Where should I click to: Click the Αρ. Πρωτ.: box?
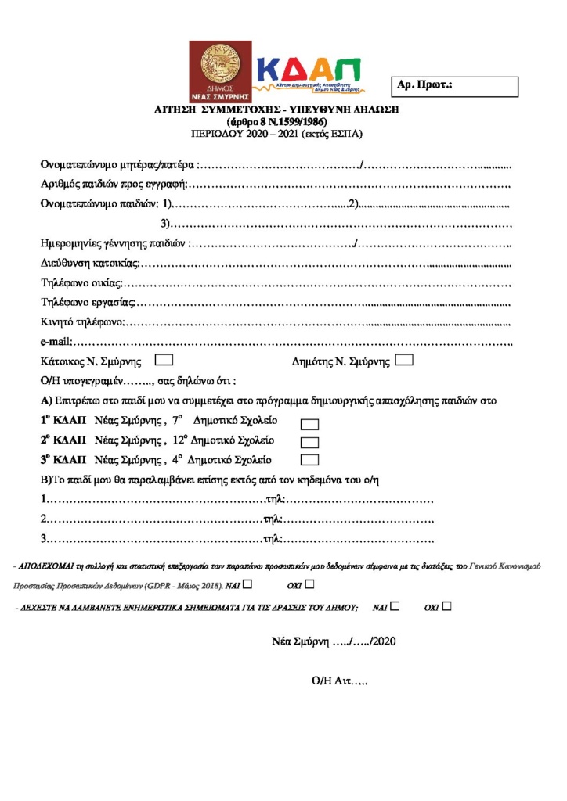point(454,86)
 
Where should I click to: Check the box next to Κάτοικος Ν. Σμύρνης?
point(164,361)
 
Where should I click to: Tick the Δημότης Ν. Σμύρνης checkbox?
point(404,361)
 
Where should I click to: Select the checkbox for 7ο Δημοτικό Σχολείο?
point(310,424)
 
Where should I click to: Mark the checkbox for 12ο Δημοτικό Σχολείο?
point(310,442)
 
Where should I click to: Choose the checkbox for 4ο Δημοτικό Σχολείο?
point(310,460)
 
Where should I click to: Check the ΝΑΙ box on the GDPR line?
point(247,584)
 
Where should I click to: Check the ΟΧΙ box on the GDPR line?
point(309,584)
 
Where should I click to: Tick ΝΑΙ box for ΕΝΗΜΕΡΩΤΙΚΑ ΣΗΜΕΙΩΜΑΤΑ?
point(395,605)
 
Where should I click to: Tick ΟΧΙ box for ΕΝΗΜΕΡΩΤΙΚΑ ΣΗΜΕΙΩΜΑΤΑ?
point(446,605)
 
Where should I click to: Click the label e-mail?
point(56,341)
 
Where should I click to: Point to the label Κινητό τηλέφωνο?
point(82,321)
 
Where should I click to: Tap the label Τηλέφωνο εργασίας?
point(88,301)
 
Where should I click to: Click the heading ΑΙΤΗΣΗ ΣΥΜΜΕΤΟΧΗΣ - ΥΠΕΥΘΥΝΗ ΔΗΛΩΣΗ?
point(277,110)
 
